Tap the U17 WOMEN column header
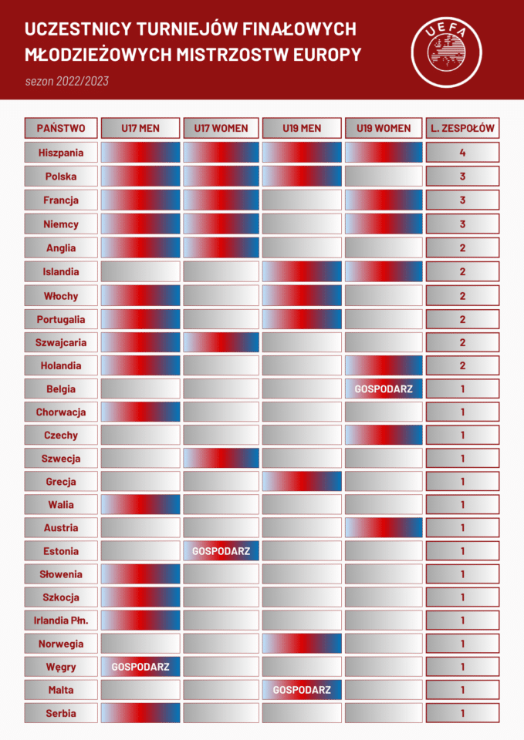pos(221,128)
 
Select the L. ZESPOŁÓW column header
pos(462,128)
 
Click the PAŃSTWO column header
pos(61,128)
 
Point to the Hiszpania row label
pos(61,153)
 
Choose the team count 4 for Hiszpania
pos(462,153)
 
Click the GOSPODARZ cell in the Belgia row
pos(384,389)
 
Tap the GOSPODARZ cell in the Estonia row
pos(221,551)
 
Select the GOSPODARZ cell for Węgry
pos(140,667)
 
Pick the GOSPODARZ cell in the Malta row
pos(302,690)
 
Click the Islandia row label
pos(61,271)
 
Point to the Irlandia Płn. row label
pos(61,621)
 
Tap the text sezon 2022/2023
pos(66,81)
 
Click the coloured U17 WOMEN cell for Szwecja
pos(221,459)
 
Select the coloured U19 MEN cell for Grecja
pos(302,482)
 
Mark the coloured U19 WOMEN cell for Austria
pos(384,528)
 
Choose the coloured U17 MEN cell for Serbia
pos(140,713)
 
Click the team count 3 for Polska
pos(462,177)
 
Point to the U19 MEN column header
pos(302,128)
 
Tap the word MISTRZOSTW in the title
pos(218,55)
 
